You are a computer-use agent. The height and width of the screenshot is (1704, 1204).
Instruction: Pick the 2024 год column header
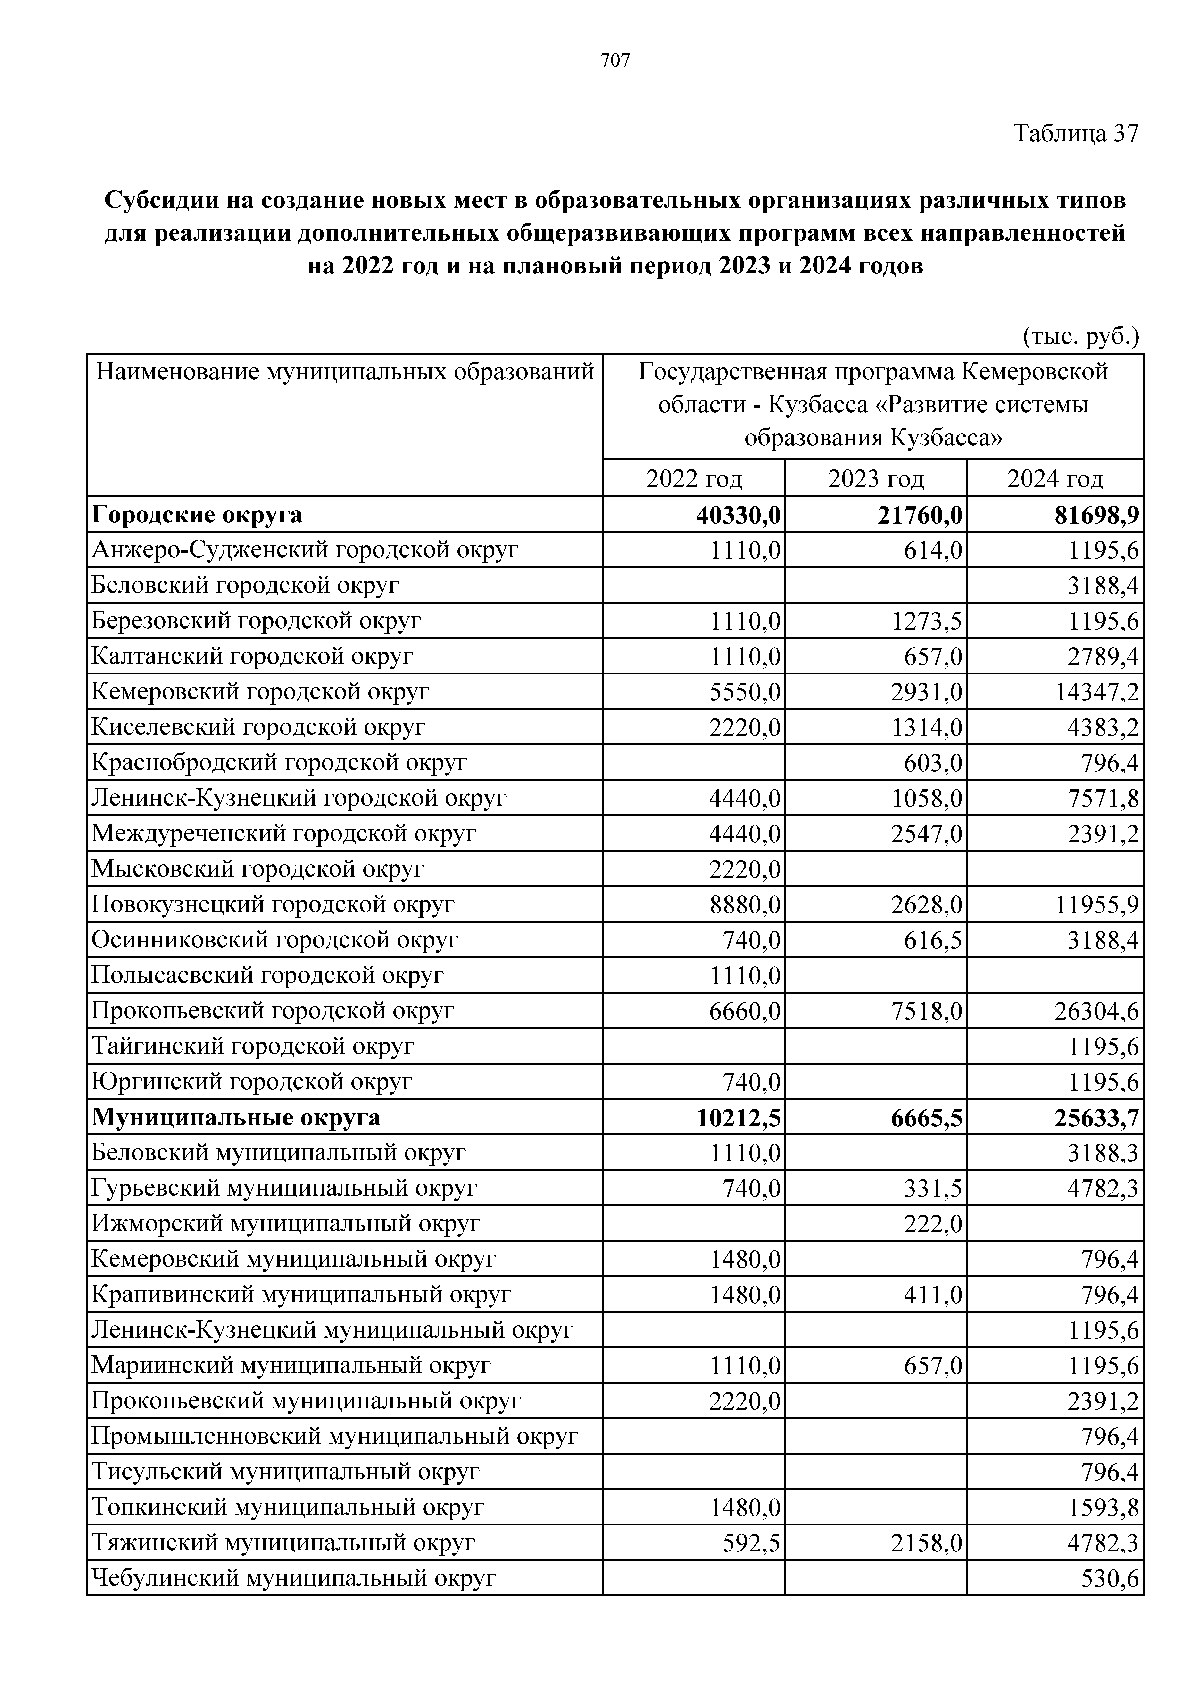[x=1055, y=479]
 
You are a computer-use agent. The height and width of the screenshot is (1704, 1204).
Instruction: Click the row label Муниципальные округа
[x=236, y=1118]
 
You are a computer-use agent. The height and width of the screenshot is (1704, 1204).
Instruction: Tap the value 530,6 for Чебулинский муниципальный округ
[x=1111, y=1579]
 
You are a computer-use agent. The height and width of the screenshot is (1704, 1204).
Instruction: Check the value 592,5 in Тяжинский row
[x=751, y=1544]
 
